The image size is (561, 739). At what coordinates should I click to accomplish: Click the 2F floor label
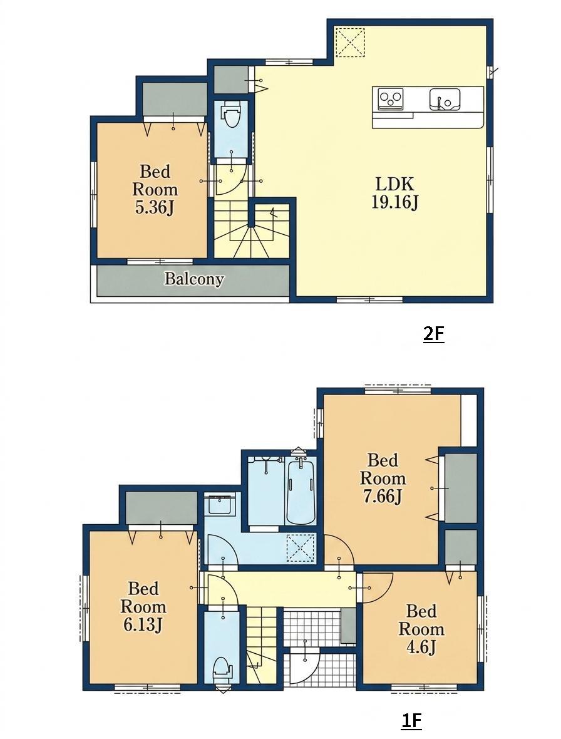tap(433, 334)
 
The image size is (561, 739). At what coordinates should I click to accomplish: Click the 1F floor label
tap(411, 721)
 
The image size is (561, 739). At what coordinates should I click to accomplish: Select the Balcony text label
tap(193, 279)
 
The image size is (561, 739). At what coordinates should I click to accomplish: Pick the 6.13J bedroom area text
tap(143, 625)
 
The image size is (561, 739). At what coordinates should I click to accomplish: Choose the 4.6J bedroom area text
tap(421, 648)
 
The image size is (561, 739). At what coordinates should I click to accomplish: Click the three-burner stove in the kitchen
tap(391, 99)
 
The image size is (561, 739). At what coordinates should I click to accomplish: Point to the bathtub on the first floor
tap(301, 492)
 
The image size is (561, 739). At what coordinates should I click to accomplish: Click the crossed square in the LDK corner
tap(350, 42)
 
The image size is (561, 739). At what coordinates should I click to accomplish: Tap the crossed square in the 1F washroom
tap(301, 548)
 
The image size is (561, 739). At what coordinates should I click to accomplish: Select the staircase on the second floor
tap(252, 229)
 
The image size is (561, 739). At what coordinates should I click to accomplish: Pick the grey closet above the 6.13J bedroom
tap(162, 507)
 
